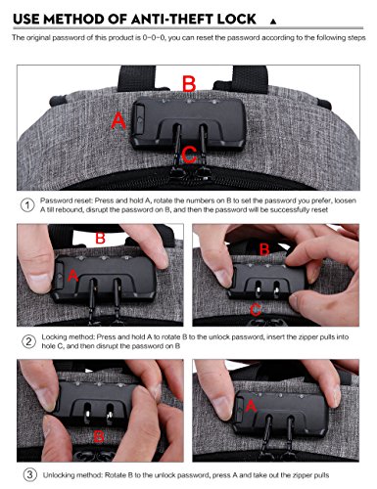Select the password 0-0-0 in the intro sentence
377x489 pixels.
point(151,37)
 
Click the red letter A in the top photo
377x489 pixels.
point(119,120)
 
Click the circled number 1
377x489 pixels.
point(26,206)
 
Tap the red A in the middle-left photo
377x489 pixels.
point(71,277)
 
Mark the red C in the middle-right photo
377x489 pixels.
point(255,309)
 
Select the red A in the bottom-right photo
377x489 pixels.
point(252,405)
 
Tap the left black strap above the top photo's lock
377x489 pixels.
point(132,65)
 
